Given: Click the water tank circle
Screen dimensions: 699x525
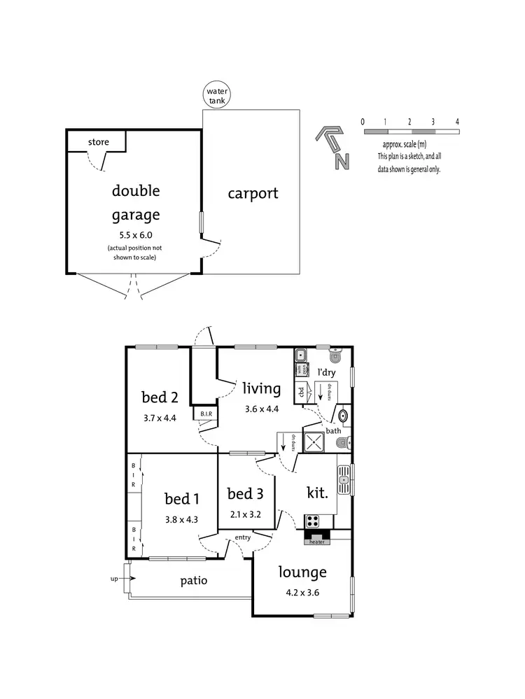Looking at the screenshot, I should tap(217, 96).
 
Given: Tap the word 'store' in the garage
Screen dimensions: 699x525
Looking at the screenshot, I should tap(99, 142).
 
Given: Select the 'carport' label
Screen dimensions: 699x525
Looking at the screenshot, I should tap(253, 193).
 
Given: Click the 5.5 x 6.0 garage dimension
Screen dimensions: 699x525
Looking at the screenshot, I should tap(136, 235).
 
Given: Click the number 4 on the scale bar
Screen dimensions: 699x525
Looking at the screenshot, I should tap(457, 122).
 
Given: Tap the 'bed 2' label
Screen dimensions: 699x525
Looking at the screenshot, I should tap(159, 397).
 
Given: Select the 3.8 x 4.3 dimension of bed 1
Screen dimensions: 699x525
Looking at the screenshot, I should tap(182, 519).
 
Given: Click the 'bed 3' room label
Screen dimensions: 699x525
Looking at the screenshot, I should tap(245, 494).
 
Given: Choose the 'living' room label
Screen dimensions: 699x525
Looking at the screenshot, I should tap(261, 388).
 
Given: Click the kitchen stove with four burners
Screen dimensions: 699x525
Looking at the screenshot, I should tap(312, 521).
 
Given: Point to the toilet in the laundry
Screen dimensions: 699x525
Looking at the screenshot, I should tap(335, 357).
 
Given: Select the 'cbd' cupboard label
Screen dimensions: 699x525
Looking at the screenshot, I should tap(301, 393).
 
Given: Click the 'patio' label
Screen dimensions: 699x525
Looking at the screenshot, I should tap(193, 581).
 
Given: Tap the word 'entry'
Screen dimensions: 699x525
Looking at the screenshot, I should tap(243, 537).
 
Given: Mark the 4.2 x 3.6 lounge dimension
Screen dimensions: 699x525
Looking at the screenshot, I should tap(302, 591).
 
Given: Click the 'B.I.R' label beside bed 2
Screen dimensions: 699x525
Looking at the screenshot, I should tap(206, 414).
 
